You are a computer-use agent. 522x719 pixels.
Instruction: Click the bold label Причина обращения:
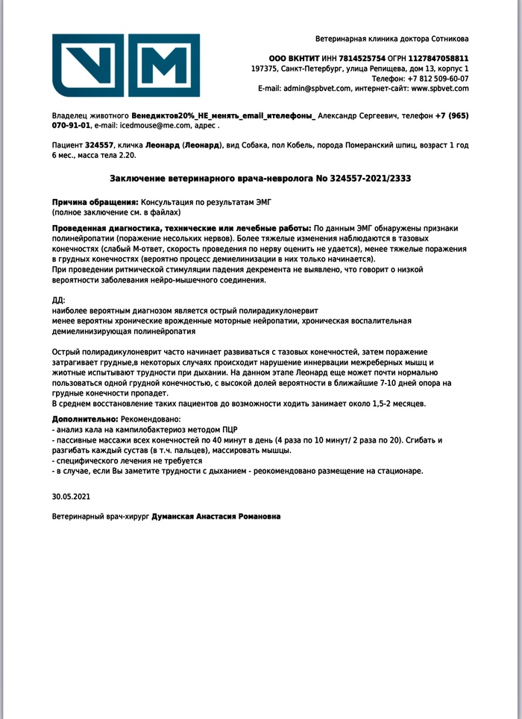click(95, 202)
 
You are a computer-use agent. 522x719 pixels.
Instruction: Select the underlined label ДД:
click(58, 300)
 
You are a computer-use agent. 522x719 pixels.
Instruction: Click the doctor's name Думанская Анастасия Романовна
click(216, 516)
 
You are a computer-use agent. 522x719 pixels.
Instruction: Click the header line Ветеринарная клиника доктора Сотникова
click(392, 39)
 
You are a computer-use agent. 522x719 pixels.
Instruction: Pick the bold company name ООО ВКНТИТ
click(294, 58)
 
